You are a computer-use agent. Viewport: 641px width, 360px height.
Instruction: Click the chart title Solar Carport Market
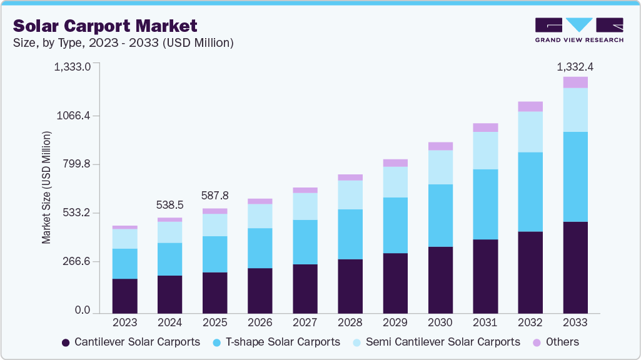pos(105,26)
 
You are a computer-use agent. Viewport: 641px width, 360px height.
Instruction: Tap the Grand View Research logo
pos(579,29)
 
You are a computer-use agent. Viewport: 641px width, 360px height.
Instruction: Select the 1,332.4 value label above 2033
pos(575,66)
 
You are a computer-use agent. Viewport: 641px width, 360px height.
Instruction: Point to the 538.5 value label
pos(169,204)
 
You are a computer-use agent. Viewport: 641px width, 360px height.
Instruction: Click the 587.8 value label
pos(215,196)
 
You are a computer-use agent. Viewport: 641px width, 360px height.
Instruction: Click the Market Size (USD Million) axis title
pos(46,188)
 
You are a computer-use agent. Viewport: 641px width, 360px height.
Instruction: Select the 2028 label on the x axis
pos(350,322)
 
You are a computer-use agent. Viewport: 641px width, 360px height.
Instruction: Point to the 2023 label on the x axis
pos(124,322)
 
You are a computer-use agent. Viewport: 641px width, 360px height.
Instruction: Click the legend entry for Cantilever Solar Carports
pos(131,342)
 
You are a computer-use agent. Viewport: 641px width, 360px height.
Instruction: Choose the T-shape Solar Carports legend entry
pos(276,342)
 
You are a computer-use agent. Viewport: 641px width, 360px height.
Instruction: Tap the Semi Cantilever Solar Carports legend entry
pos(436,342)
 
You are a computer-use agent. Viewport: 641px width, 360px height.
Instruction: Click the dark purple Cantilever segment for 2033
pos(575,267)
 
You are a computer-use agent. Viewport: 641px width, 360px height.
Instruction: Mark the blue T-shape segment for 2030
pos(440,216)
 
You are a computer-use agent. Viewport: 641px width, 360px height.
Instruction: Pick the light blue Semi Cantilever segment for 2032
pos(530,132)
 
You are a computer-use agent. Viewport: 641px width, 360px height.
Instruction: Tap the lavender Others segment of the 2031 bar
pos(485,127)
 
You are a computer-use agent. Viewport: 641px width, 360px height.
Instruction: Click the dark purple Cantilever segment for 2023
pos(124,296)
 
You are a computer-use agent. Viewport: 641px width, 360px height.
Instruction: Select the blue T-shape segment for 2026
pos(260,248)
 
